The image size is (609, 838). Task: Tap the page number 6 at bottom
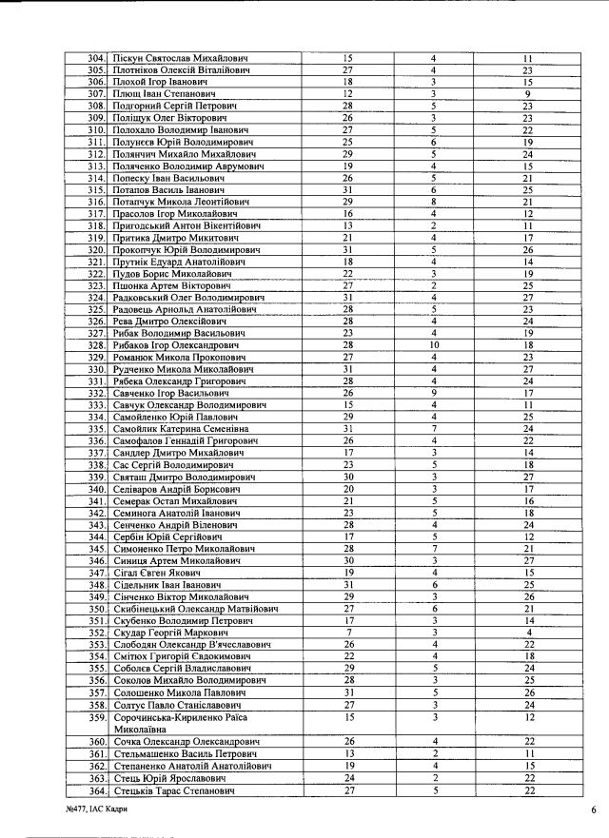[593, 809]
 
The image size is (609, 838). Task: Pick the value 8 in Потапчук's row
[433, 202]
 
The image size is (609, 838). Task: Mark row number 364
[95, 790]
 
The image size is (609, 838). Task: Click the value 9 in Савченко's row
[433, 392]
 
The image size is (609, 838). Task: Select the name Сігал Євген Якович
[152, 574]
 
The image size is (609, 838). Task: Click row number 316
[95, 202]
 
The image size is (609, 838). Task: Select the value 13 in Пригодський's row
[347, 225]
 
